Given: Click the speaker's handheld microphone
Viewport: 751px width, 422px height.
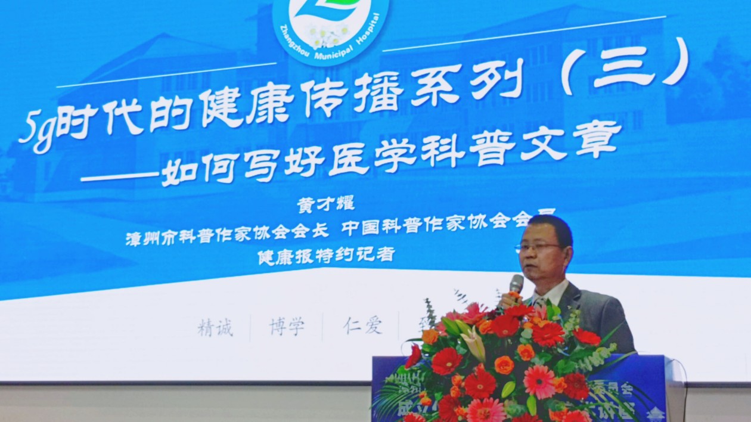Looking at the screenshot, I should click(516, 284).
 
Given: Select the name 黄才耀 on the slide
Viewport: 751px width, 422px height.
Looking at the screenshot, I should click(325, 204).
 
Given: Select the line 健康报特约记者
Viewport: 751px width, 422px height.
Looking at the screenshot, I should click(326, 255).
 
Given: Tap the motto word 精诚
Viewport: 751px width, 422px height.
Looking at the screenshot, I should click(215, 327).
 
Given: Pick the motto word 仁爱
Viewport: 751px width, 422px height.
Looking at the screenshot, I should click(362, 325).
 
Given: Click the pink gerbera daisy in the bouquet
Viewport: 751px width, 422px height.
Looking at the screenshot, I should click(539, 381).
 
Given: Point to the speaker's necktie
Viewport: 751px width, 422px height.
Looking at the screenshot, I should click(540, 303).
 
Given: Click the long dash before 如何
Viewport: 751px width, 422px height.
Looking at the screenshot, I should click(119, 176).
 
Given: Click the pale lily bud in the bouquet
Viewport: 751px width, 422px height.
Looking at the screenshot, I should click(474, 343).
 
